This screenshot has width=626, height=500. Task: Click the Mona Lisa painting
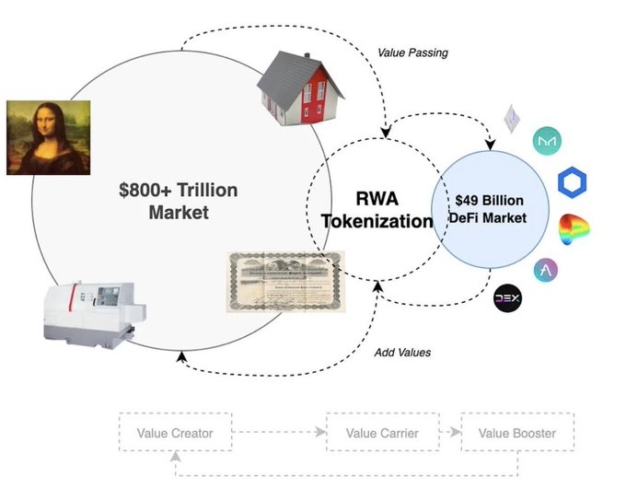[47, 137]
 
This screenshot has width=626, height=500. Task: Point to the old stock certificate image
[285, 282]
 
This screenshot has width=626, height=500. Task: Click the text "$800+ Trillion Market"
[178, 202]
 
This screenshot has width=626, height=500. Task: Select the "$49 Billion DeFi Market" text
[491, 210]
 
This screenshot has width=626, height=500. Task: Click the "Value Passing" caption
[412, 52]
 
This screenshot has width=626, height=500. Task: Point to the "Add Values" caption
[403, 353]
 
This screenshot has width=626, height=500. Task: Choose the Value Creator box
[174, 433]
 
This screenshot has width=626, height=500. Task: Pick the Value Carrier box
[381, 433]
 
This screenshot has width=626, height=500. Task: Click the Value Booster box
[516, 433]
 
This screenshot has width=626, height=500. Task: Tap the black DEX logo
[508, 299]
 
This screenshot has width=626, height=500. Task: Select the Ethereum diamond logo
[511, 119]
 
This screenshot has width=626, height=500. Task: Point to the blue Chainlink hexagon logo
[573, 180]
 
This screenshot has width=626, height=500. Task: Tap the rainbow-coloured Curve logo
[573, 227]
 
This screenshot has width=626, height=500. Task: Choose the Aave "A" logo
[547, 270]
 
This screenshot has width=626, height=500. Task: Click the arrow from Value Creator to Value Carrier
[277, 433]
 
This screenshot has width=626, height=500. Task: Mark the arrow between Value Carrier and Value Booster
[448, 433]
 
